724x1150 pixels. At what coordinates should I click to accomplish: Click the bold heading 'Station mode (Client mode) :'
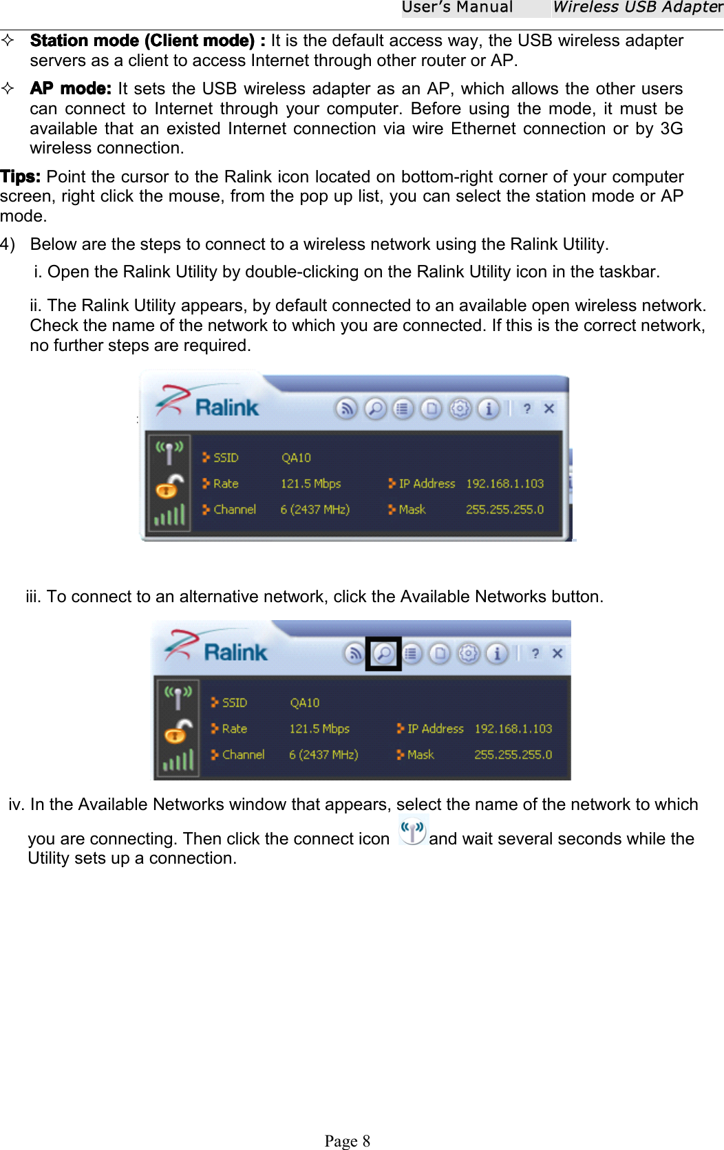147,41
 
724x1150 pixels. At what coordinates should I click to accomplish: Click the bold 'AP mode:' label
70,89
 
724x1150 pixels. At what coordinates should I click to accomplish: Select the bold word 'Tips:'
20,177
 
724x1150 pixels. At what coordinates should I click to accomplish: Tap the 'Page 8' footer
347,1141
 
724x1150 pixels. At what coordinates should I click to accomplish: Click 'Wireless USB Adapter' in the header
637,8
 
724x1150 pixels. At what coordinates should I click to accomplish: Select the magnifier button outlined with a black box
383,653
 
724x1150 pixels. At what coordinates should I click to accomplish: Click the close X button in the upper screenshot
549,409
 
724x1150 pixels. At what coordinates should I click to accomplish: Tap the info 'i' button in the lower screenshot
497,653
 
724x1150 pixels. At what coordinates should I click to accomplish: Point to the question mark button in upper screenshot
527,409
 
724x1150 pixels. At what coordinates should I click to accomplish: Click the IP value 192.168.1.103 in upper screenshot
504,484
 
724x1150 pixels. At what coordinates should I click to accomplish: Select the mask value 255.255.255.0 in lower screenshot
513,755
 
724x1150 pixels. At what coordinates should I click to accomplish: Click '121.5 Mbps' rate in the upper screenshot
310,484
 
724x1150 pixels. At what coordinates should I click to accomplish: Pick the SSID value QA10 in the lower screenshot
304,703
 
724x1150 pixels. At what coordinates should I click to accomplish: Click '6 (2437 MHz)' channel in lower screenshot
323,755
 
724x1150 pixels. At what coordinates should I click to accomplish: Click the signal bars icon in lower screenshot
178,760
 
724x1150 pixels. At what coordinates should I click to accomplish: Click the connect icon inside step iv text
413,831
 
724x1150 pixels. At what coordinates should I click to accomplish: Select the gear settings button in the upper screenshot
460,409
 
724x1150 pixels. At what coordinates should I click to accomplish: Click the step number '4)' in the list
8,244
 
